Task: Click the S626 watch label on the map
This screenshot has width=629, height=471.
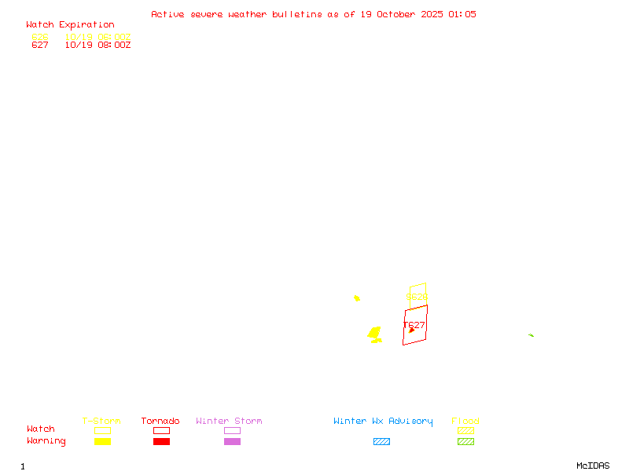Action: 417,298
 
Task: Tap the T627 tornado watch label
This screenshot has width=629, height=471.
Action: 414,325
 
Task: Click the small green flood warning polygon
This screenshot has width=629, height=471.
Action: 531,335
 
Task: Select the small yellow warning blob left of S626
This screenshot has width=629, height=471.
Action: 357,298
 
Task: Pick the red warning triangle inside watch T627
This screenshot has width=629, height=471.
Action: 411,330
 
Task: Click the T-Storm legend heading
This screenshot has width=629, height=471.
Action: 101,422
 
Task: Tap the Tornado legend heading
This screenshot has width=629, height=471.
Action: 160,422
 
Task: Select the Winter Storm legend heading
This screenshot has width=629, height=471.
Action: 229,422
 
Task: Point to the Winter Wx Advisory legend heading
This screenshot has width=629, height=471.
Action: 383,422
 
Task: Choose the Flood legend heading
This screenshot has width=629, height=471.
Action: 465,422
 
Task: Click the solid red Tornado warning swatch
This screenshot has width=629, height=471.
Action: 161,442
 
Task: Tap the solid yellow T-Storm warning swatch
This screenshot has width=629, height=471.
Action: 102,442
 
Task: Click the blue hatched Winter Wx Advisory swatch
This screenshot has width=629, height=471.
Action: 381,442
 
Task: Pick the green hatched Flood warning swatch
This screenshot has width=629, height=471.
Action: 465,442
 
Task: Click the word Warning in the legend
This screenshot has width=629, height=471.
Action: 46,441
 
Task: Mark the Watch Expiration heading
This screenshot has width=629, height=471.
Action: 70,25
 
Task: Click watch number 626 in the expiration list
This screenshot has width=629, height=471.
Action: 40,37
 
